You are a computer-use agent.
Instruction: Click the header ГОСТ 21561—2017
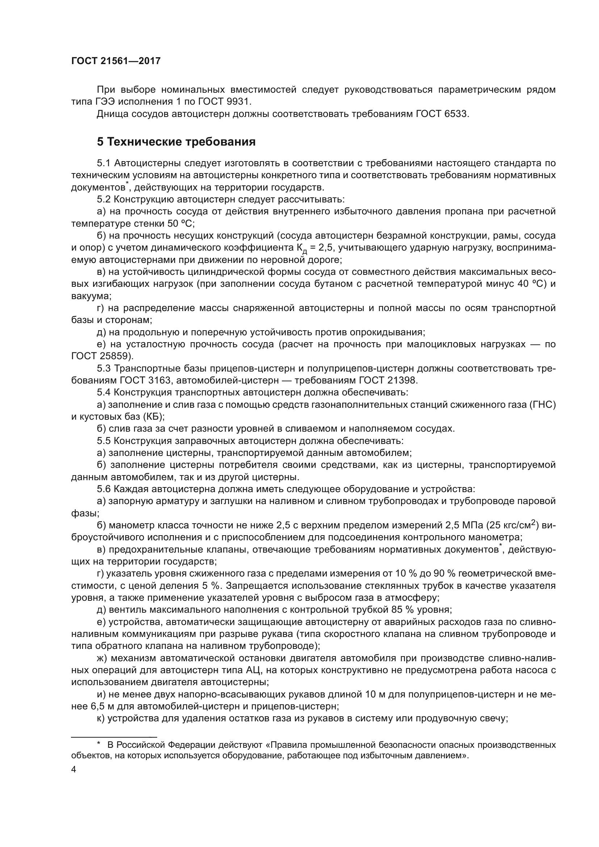coord(116,61)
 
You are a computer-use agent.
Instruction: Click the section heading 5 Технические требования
coord(176,142)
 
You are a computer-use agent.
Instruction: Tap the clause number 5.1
coord(104,163)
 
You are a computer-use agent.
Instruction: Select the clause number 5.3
coord(104,369)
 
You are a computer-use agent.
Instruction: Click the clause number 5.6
coord(104,490)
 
